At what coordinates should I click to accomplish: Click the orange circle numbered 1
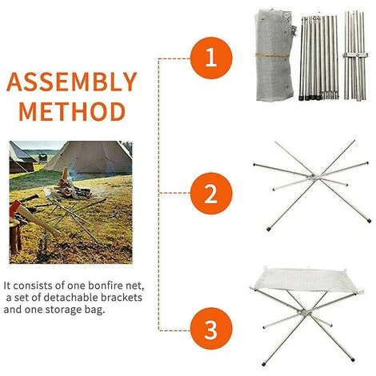211,58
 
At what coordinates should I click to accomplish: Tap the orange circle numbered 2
211,194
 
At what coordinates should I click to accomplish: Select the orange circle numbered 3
211,329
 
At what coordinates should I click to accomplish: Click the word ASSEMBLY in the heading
72,82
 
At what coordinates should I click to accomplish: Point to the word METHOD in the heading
72,111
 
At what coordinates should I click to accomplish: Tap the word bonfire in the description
106,286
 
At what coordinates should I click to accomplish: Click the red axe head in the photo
15,207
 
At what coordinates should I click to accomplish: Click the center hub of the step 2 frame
313,177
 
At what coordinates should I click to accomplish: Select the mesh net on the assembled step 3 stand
306,280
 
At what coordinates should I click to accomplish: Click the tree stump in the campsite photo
15,234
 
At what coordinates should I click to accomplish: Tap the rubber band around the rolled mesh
272,55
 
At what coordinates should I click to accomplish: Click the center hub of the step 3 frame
303,312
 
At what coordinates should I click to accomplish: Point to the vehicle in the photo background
43,158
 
